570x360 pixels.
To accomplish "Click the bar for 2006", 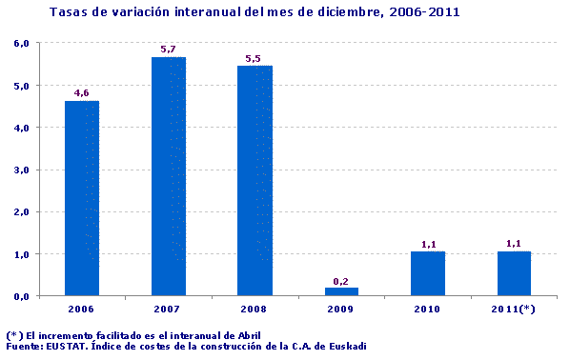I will pyautogui.click(x=81, y=198).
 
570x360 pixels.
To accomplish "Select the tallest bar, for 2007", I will pyautogui.click(x=168, y=175).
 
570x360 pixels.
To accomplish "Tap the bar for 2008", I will pyautogui.click(x=254, y=180).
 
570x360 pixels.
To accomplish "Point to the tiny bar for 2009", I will pyautogui.click(x=341, y=291).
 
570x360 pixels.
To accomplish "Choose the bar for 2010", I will pyautogui.click(x=428, y=273).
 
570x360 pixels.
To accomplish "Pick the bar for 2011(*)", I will pyautogui.click(x=514, y=273).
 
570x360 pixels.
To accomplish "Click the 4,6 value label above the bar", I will pyautogui.click(x=81, y=93).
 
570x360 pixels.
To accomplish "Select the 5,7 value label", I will pyautogui.click(x=168, y=50).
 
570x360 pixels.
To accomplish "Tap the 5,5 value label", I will pyautogui.click(x=254, y=58).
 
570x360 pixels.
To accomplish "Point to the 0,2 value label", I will pyautogui.click(x=341, y=281).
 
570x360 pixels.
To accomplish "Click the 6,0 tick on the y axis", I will pyautogui.click(x=21, y=44).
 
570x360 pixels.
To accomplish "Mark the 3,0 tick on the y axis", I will pyautogui.click(x=21, y=170).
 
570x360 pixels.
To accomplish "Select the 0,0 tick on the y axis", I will pyautogui.click(x=21, y=296).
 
